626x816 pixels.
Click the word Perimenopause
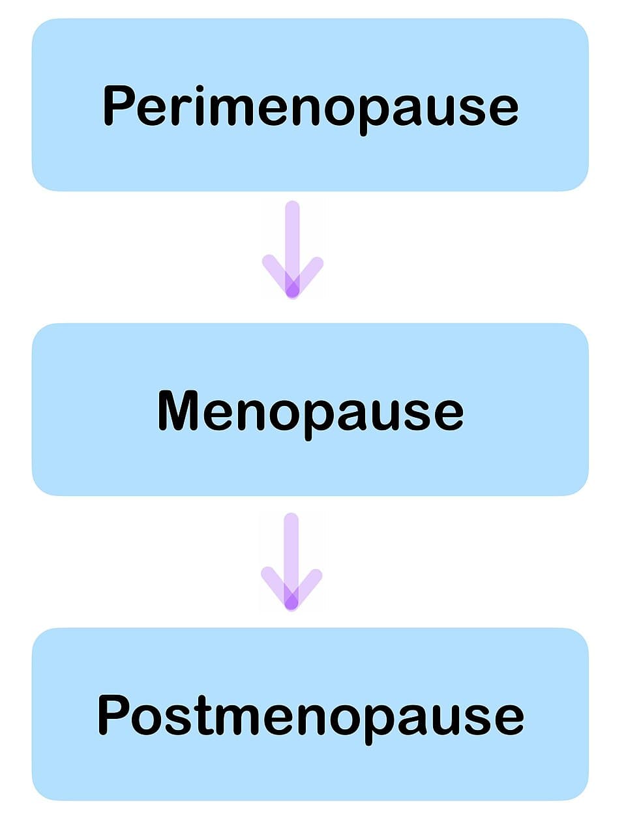(x=310, y=106)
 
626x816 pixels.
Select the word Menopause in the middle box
(x=310, y=411)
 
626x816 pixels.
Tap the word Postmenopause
(x=310, y=716)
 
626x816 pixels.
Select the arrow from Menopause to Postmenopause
(x=291, y=562)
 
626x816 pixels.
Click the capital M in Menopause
(x=177, y=410)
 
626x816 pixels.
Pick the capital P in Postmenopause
(x=113, y=714)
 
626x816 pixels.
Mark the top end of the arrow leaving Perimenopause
(x=293, y=208)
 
